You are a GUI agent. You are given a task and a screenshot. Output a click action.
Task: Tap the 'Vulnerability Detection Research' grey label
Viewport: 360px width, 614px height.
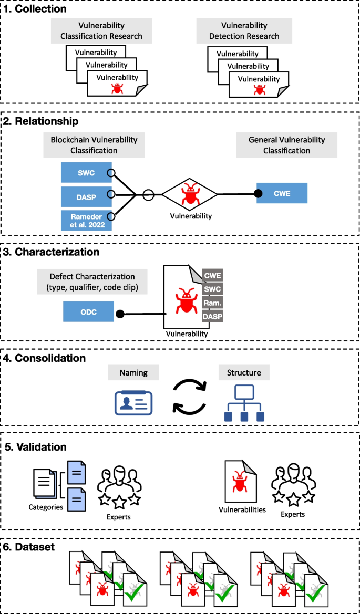tap(250, 32)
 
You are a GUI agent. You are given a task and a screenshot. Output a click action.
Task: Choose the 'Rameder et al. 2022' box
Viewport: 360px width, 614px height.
tap(86, 220)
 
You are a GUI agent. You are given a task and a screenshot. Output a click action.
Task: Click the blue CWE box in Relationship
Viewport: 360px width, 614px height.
tap(281, 194)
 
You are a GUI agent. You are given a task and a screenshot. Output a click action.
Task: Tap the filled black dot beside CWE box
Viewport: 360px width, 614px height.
tap(258, 194)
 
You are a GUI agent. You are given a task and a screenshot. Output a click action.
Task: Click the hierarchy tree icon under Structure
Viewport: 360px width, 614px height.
tap(243, 403)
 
